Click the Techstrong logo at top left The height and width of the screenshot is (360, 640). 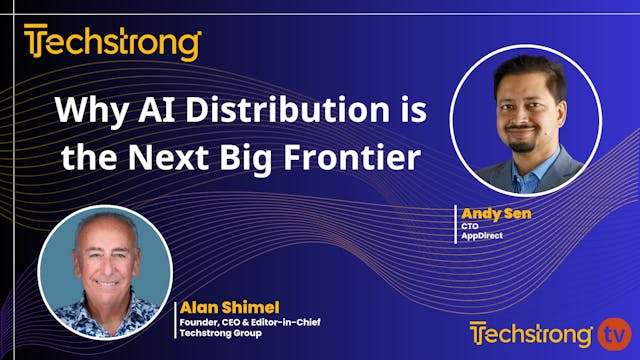tap(112, 43)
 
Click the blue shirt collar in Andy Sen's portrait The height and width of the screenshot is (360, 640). tap(528, 161)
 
